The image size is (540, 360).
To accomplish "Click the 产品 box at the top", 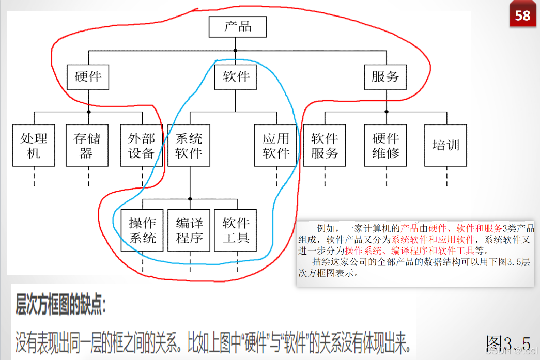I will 238,27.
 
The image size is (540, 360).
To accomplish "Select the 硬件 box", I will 88,77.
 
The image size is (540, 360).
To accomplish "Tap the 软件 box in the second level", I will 236,77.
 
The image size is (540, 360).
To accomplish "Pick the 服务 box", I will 385,77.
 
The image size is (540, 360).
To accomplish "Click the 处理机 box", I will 34,145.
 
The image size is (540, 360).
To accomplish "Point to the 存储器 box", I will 87,145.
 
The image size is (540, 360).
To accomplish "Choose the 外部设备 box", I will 142,145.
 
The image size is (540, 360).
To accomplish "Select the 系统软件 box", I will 189,145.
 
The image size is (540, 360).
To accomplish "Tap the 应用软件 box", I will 276,145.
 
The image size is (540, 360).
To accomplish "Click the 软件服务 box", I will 325,145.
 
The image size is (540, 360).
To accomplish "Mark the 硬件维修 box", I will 385,145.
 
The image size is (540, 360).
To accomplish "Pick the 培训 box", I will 445,145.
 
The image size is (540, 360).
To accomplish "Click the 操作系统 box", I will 142,230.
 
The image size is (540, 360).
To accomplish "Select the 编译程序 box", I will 189,230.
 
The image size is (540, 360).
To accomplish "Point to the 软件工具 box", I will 236,230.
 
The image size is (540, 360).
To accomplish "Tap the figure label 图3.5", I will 508,343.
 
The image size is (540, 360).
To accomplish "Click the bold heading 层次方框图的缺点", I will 61,306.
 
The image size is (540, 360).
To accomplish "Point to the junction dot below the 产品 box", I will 236,50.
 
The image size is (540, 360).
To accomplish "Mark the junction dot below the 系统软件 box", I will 190,199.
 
